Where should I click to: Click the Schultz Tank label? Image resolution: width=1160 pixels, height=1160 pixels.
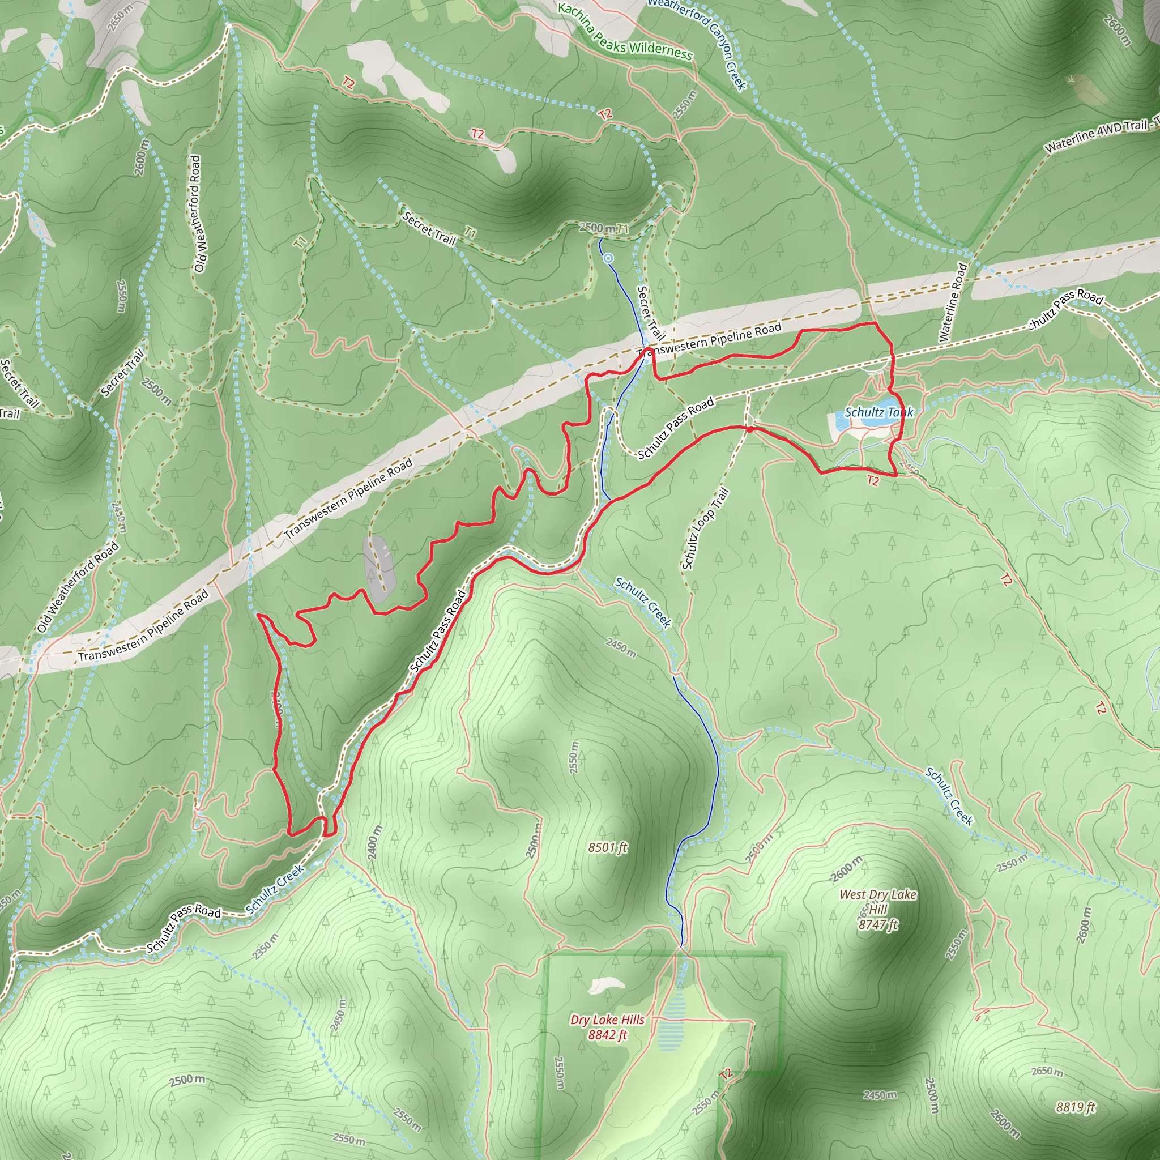click(x=878, y=412)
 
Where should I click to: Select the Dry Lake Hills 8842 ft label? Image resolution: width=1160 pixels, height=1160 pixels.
click(x=607, y=1027)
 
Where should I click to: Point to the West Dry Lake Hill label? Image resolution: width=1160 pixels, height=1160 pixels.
click(x=878, y=909)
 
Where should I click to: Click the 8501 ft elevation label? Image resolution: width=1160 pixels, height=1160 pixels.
click(x=608, y=847)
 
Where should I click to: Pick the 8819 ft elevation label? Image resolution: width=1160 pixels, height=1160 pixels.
click(x=1076, y=1107)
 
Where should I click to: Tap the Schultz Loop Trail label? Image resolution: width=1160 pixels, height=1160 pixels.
click(x=706, y=528)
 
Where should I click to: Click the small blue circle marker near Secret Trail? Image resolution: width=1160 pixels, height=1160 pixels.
click(x=609, y=258)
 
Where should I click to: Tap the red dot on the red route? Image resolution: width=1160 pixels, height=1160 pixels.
click(x=750, y=429)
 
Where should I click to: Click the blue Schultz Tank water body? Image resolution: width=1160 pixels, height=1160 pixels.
click(x=882, y=419)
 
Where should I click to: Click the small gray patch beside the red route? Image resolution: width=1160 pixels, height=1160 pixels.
click(x=379, y=568)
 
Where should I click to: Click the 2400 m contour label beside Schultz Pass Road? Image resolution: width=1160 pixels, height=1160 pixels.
click(x=373, y=842)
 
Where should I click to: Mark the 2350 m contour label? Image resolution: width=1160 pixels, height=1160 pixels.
click(x=266, y=946)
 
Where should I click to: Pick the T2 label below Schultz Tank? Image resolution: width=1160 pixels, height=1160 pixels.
click(x=873, y=481)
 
